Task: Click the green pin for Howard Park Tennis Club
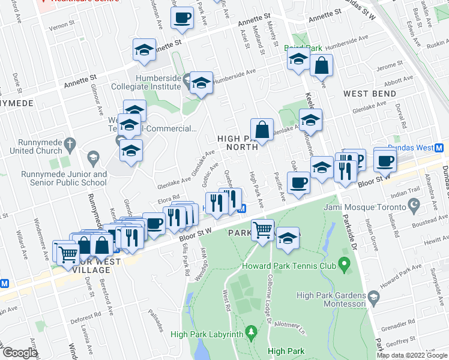[x=344, y=263]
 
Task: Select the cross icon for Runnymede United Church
[x=70, y=144]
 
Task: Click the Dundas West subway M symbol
[x=439, y=148]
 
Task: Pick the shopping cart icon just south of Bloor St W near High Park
[x=263, y=230]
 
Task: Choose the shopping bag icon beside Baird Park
[x=322, y=65]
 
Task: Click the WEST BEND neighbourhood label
[x=370, y=94]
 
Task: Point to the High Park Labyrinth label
[x=206, y=334]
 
